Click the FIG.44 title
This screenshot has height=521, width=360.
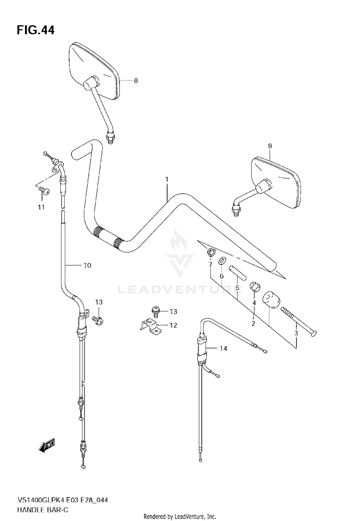tap(36, 31)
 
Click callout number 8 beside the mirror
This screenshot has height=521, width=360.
tap(136, 81)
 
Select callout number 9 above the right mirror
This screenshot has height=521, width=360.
tap(270, 146)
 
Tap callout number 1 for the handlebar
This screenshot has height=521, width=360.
tap(167, 179)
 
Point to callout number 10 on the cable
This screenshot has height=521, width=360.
tap(87, 265)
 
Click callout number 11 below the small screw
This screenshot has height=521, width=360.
tap(41, 207)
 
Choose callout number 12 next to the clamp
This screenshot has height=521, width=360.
tap(173, 325)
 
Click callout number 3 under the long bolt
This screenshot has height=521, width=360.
tap(296, 333)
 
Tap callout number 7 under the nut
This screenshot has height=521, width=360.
tap(210, 265)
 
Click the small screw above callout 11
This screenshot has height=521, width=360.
tap(42, 190)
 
